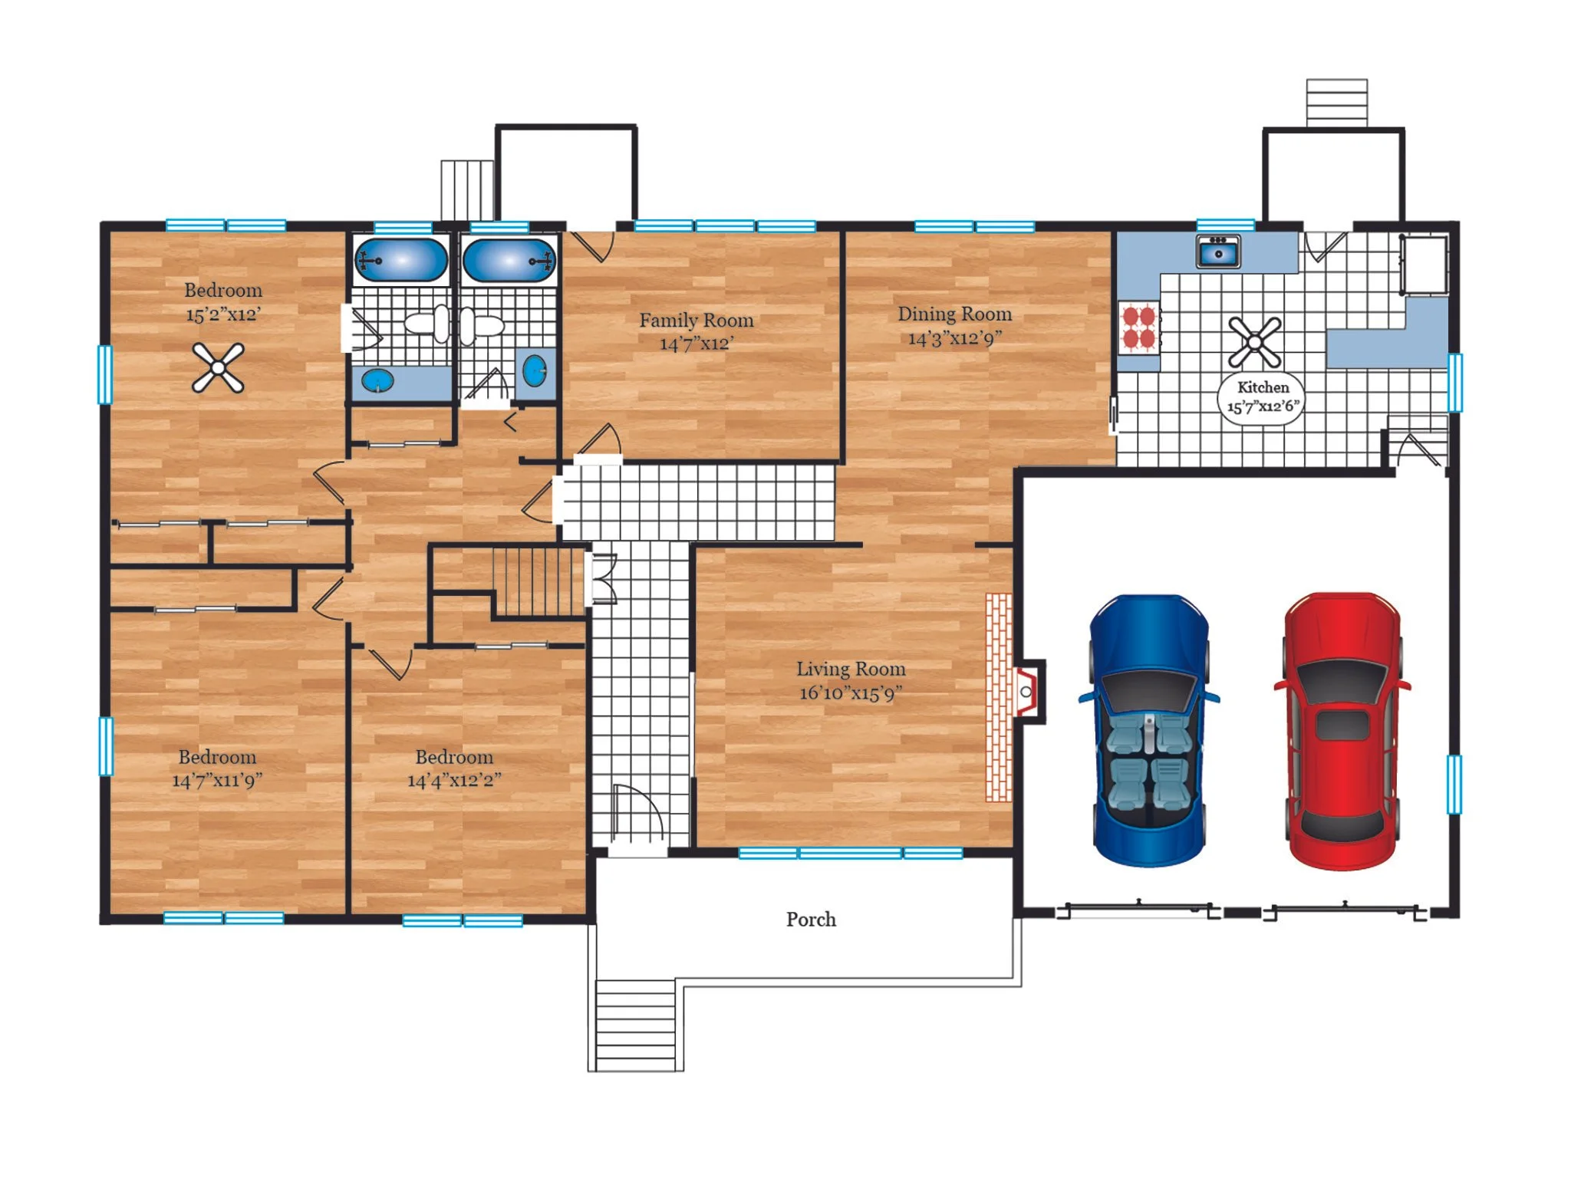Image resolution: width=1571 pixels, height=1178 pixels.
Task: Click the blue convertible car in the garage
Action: tap(1148, 730)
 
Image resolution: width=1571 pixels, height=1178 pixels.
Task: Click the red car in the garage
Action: tap(1342, 730)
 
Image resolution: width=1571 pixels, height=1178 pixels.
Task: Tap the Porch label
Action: tap(811, 920)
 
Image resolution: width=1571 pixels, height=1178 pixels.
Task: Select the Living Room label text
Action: tap(851, 670)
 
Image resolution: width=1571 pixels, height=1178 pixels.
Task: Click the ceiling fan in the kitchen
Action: tap(1255, 342)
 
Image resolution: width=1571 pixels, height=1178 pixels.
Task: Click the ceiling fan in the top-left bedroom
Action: tap(218, 368)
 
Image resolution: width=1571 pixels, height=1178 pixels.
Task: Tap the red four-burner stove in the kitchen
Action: tap(1139, 327)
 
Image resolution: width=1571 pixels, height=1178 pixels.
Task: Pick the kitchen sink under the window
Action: tap(1218, 252)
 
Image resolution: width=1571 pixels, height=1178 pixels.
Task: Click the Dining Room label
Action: tap(955, 314)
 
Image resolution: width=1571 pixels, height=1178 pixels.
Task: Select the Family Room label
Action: tap(697, 321)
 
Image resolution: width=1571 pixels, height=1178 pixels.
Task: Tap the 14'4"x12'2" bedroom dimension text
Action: tap(454, 781)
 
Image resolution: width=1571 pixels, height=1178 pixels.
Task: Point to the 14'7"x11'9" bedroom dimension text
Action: tap(217, 781)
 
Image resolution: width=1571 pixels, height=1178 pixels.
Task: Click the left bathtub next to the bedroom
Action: tap(400, 260)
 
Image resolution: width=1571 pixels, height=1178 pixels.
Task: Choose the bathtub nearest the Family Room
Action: tap(509, 261)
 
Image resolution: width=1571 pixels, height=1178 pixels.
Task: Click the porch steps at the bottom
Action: tap(636, 1025)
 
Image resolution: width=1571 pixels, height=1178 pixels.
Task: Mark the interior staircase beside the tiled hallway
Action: tap(539, 582)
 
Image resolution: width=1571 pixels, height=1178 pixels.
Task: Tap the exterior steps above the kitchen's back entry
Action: tap(1337, 103)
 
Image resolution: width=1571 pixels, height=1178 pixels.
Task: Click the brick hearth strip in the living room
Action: tap(999, 697)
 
